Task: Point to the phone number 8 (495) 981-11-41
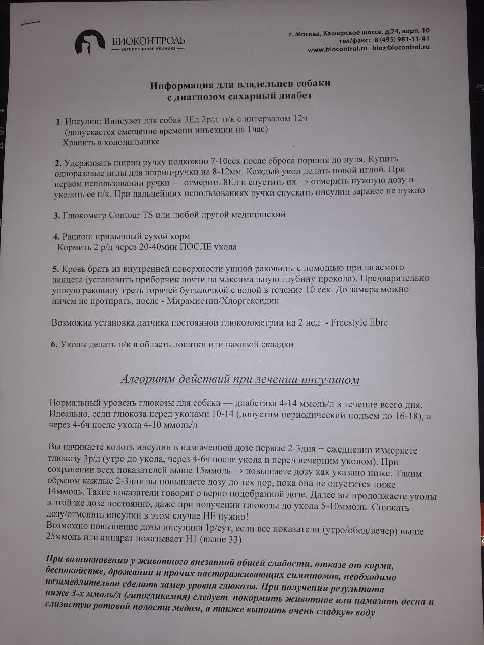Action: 401,40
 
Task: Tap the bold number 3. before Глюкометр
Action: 57,215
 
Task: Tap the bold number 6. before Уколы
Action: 55,345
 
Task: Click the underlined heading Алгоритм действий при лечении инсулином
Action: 240,380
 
